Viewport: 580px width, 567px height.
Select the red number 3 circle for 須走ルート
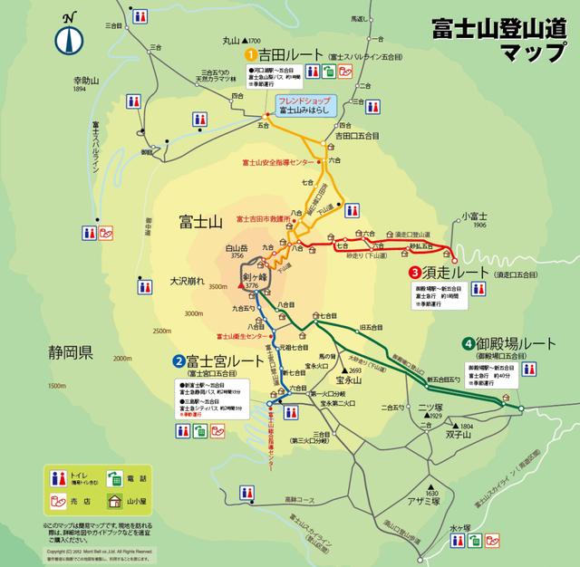coord(413,272)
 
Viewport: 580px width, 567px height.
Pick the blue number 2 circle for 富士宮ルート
coord(179,361)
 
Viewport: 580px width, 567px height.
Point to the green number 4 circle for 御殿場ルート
coord(467,344)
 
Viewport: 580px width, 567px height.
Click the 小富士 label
coord(474,216)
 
